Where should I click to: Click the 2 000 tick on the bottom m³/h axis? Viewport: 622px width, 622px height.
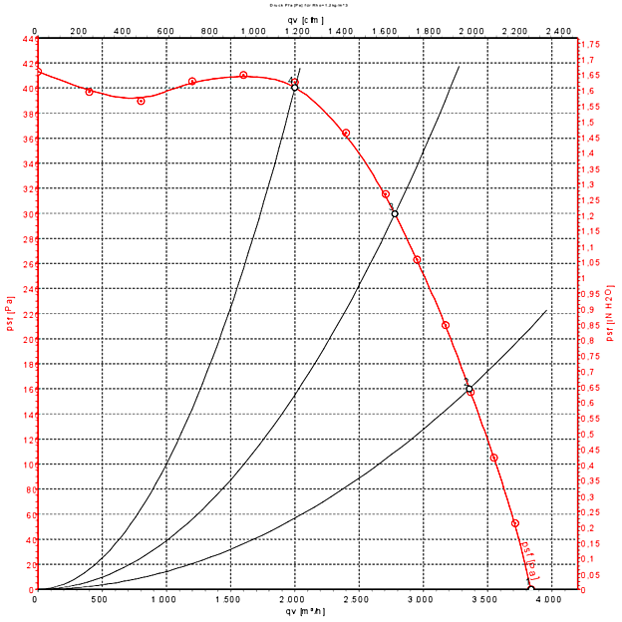[292, 599]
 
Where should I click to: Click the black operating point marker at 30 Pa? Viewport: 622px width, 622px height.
[395, 213]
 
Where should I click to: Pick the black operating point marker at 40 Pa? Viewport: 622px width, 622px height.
[294, 88]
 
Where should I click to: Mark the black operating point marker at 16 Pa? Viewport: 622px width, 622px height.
[468, 389]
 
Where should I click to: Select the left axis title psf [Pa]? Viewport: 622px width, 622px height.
[10, 314]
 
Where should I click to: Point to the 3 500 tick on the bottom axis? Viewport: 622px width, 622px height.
[484, 599]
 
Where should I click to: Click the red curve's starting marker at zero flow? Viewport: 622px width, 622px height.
[37, 72]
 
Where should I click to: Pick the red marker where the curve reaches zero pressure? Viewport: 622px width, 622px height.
[530, 589]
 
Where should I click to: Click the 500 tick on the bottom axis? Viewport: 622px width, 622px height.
[100, 599]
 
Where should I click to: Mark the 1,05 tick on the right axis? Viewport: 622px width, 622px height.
[591, 263]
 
